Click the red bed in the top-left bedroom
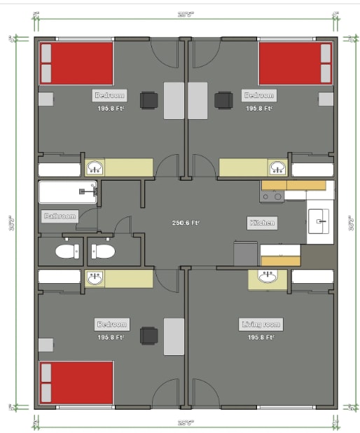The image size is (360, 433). (76, 63)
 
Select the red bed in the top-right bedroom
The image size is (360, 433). (296, 63)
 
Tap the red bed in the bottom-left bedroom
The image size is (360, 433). (76, 383)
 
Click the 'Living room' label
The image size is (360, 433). (261, 324)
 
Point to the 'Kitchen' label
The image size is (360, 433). (262, 224)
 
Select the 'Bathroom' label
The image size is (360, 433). (60, 216)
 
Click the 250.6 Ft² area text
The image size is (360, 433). (186, 224)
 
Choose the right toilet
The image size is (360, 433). (103, 252)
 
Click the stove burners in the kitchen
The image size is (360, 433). (272, 197)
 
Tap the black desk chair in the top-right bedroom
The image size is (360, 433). (223, 101)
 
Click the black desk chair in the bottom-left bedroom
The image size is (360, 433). (148, 336)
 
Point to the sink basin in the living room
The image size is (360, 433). (266, 277)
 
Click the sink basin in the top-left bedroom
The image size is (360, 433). (95, 167)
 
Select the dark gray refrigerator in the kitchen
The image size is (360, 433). (247, 254)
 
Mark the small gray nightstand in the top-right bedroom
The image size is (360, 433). (326, 99)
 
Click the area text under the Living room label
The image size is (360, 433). (261, 337)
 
